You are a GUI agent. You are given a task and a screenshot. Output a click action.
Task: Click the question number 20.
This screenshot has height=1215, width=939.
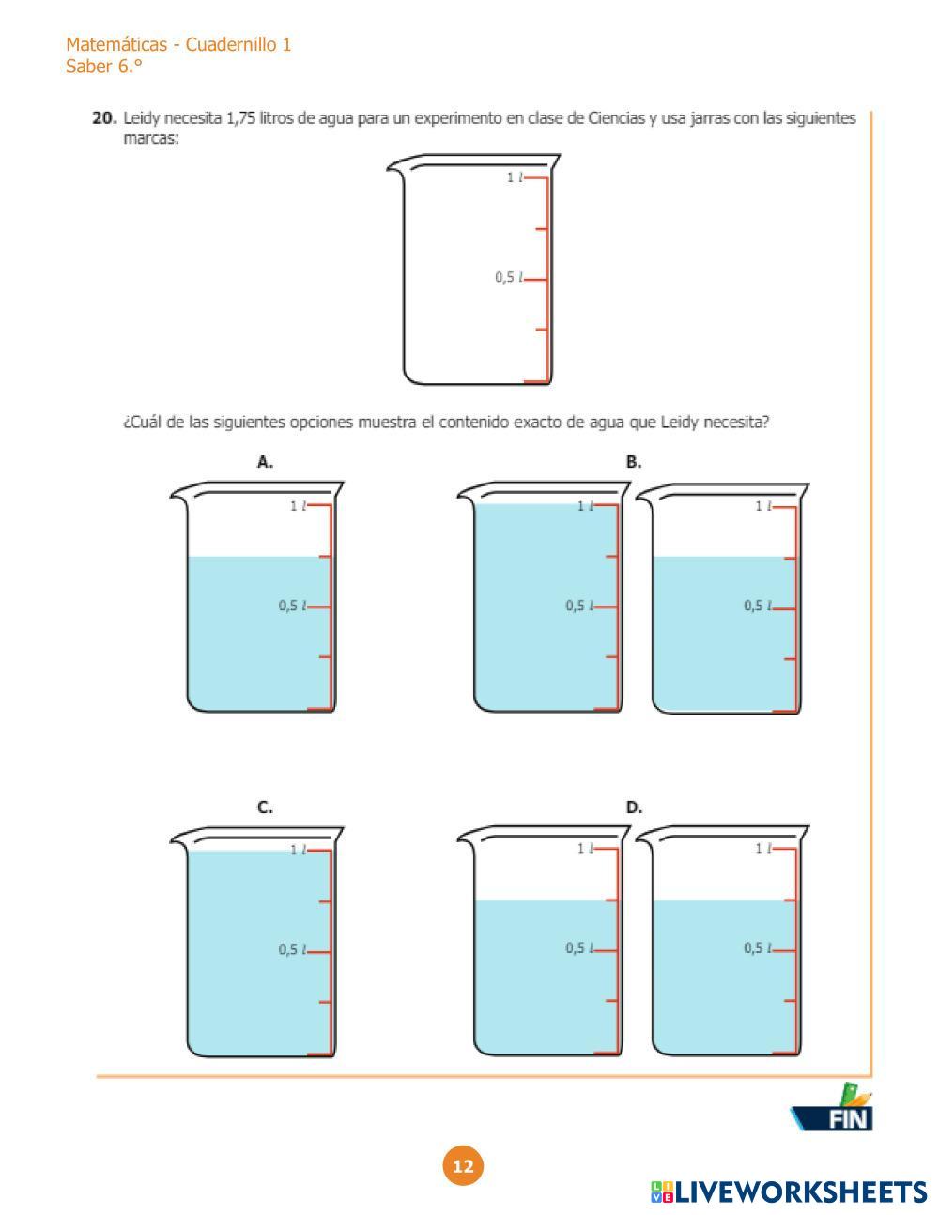pyautogui.click(x=104, y=118)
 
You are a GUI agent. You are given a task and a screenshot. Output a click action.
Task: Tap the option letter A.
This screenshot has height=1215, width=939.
pyautogui.click(x=265, y=462)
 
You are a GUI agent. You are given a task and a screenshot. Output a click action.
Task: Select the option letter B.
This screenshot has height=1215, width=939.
pyautogui.click(x=633, y=462)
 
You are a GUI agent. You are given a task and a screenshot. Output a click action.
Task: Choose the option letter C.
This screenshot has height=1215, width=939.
pyautogui.click(x=265, y=807)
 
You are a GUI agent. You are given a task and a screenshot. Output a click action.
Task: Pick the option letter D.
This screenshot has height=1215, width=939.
pyautogui.click(x=634, y=807)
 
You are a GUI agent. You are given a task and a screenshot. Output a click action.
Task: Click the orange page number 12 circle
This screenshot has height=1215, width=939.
pyautogui.click(x=463, y=1166)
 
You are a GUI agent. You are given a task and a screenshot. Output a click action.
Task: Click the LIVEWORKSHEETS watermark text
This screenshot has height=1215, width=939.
pyautogui.click(x=789, y=1192)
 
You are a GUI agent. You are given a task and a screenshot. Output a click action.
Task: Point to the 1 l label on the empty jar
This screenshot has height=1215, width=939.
pyautogui.click(x=515, y=177)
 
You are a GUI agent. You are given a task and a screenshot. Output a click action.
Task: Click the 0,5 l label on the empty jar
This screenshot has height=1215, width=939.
pyautogui.click(x=509, y=277)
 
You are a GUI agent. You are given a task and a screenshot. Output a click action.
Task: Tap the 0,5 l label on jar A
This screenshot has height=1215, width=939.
pyautogui.click(x=293, y=606)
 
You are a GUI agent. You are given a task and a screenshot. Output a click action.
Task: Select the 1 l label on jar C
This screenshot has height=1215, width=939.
pyautogui.click(x=299, y=851)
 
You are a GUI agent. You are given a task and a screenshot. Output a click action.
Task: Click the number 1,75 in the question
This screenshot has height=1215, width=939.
pyautogui.click(x=240, y=118)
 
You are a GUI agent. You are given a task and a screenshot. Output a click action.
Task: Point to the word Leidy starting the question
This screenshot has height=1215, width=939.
pyautogui.click(x=142, y=118)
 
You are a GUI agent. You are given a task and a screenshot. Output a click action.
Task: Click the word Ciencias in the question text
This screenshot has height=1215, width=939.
pyautogui.click(x=616, y=118)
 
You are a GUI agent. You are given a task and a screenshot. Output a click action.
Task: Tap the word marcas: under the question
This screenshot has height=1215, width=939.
pyautogui.click(x=151, y=139)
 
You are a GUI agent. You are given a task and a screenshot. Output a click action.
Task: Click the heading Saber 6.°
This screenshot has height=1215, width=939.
pyautogui.click(x=103, y=67)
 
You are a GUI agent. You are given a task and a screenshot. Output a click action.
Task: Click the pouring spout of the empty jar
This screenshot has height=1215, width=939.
pyautogui.click(x=395, y=166)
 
